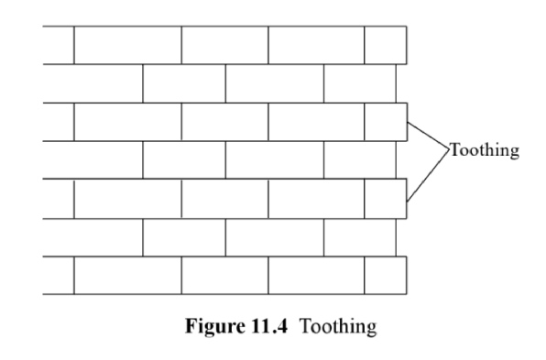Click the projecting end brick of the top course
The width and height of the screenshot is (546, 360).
pyautogui.click(x=386, y=45)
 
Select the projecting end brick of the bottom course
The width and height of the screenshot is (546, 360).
pyautogui.click(x=386, y=276)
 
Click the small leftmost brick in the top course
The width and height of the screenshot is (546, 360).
pyautogui.click(x=59, y=45)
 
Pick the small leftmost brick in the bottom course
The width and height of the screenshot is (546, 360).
pyautogui.click(x=59, y=276)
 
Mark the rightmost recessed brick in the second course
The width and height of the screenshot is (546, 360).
pyautogui.click(x=360, y=83)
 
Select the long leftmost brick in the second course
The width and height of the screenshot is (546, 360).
pyautogui.click(x=93, y=83)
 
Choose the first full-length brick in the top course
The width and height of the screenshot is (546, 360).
pyautogui.click(x=127, y=45)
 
